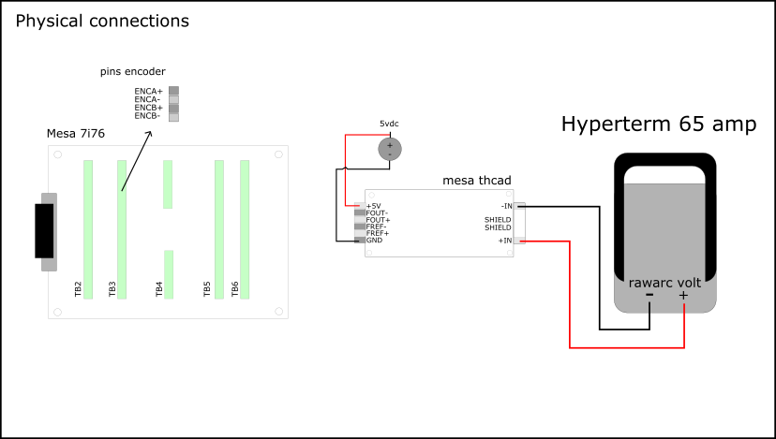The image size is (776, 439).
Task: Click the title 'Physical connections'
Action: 102,21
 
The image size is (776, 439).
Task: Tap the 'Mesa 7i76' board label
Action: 76,134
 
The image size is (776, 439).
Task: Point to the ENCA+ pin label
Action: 148,91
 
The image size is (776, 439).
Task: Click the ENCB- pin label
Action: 148,116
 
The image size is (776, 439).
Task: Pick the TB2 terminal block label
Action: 78,289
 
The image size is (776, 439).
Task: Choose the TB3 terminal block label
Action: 112,289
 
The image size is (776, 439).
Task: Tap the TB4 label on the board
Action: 158,289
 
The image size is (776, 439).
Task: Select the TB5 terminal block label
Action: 207,289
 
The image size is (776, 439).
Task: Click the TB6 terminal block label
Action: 234,289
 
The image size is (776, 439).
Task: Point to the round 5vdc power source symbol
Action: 389,148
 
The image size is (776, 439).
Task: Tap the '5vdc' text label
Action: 389,124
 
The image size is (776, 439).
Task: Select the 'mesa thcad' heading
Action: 476,180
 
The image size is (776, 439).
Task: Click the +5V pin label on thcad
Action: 374,206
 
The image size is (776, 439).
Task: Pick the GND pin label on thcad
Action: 374,241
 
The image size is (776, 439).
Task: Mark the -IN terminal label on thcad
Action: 506,206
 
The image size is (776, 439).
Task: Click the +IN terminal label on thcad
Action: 506,241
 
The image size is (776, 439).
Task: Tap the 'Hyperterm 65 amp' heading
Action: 659,125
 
